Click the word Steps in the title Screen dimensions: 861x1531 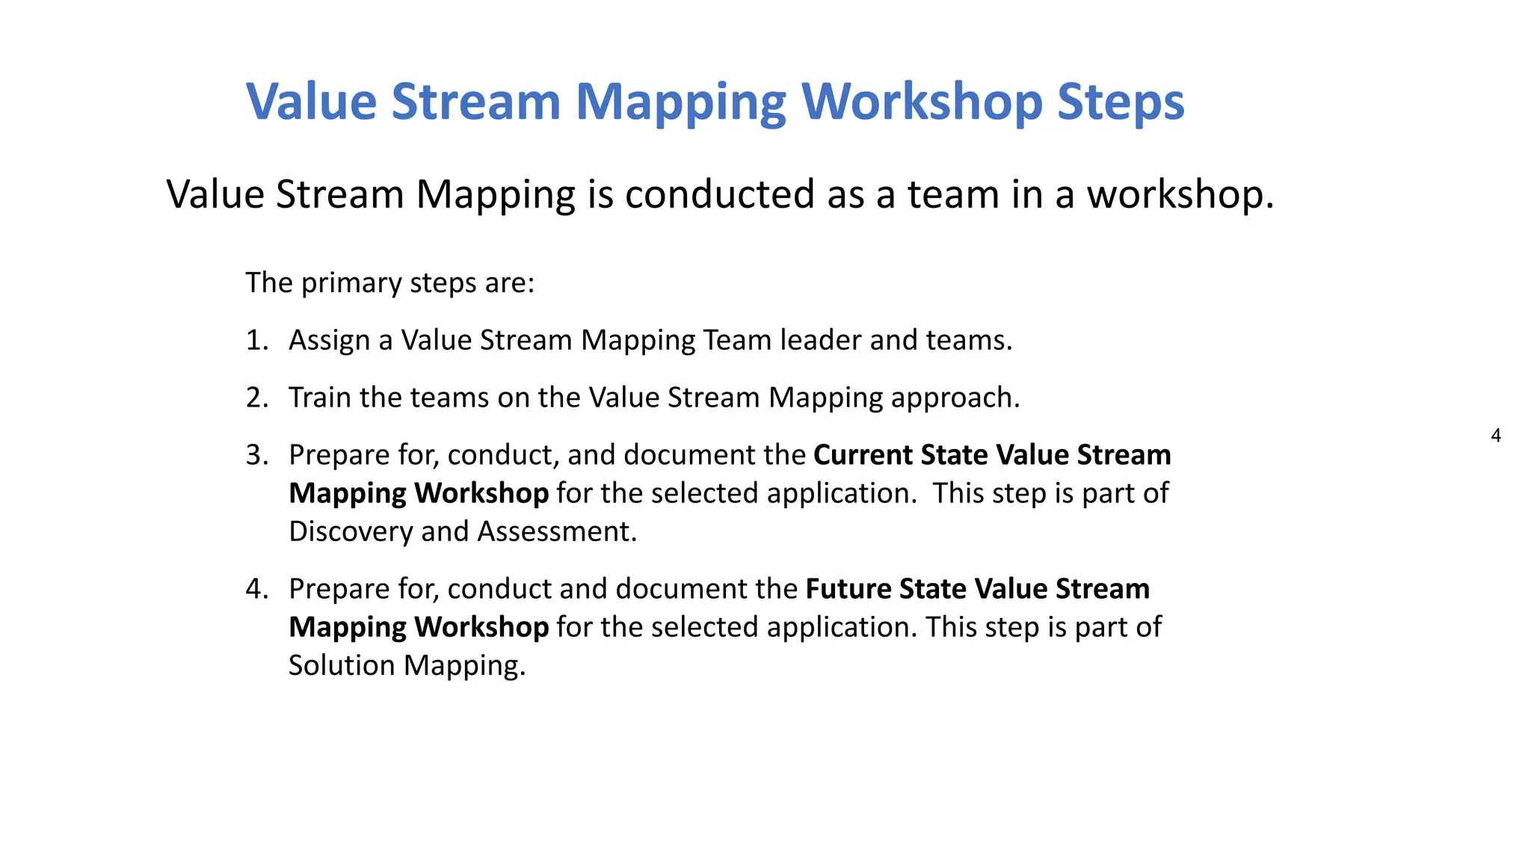click(x=1121, y=102)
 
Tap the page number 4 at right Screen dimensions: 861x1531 click(x=1495, y=436)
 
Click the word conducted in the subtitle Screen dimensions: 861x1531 click(x=719, y=194)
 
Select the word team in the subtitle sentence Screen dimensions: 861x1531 click(x=952, y=194)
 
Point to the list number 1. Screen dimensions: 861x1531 click(x=256, y=340)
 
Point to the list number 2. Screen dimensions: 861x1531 click(x=256, y=398)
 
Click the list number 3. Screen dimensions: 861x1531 click(x=256, y=455)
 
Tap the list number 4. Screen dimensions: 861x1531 click(x=256, y=589)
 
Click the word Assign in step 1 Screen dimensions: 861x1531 click(x=329, y=340)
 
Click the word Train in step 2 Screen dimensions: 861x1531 click(x=320, y=398)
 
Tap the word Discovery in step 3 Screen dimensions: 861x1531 click(x=351, y=532)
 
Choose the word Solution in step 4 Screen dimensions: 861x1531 click(x=342, y=665)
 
